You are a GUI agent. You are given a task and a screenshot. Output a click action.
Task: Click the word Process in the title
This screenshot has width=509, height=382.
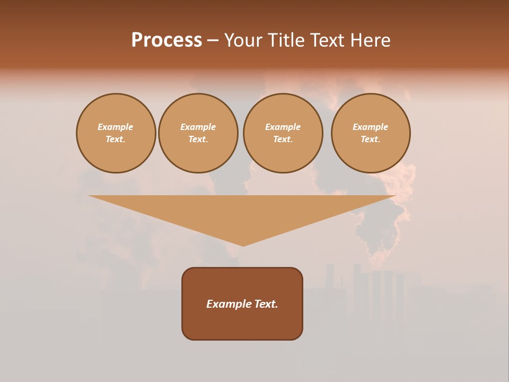click(166, 40)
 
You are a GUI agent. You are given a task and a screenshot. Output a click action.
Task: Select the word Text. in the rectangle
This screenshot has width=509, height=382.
click(266, 304)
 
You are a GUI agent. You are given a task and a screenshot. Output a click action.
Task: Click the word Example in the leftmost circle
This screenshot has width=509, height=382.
click(116, 127)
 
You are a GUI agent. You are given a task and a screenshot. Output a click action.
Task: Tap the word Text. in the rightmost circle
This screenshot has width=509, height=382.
click(371, 139)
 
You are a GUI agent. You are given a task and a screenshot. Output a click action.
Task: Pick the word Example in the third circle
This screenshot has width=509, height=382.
click(283, 127)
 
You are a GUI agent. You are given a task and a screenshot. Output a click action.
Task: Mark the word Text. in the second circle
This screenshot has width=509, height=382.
click(198, 139)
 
